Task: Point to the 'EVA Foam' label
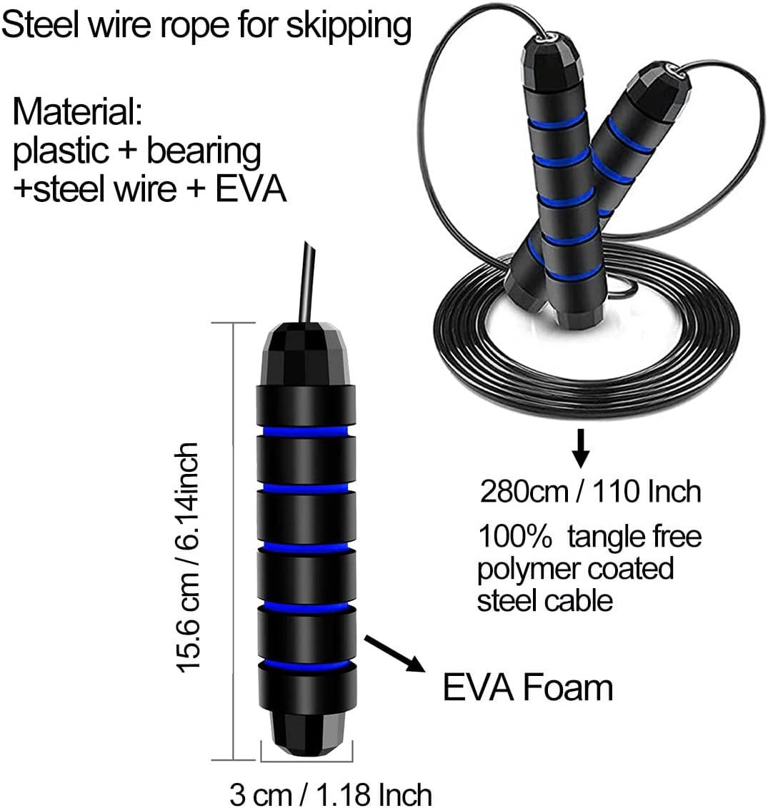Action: (528, 688)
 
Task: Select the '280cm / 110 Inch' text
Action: (590, 493)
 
